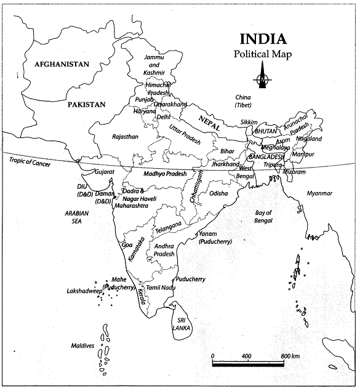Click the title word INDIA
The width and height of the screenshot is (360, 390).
point(262,39)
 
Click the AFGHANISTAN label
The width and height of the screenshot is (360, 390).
point(62,64)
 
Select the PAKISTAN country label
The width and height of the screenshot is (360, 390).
point(87,105)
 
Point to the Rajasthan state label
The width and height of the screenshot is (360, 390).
point(126,136)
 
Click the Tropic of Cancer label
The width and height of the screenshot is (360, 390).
point(30,162)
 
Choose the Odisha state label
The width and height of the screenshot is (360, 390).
point(218,193)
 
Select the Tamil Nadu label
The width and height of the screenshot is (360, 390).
point(161,288)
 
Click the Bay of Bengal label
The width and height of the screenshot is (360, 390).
point(263,217)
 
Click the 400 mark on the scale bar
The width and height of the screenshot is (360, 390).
point(246,357)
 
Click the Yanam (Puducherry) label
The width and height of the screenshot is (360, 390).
point(215,238)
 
